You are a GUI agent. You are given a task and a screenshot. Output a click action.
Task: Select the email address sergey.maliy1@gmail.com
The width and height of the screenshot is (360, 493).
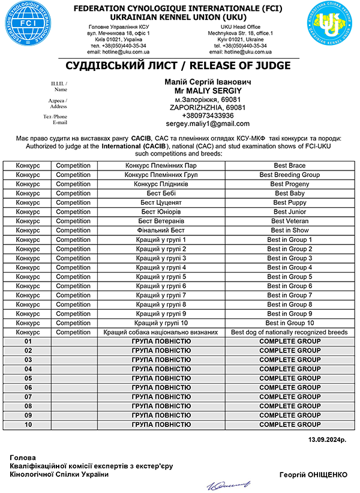pyautogui.click(x=208, y=124)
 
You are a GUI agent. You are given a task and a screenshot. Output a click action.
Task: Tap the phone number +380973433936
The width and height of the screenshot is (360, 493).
pyautogui.click(x=208, y=115)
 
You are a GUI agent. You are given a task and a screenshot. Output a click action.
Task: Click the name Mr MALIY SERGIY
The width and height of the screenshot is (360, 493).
pyautogui.click(x=208, y=90)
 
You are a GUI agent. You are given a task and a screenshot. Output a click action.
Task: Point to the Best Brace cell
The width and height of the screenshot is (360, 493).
pyautogui.click(x=290, y=166)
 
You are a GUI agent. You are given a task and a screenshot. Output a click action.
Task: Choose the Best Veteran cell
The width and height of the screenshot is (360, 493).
pyautogui.click(x=290, y=221)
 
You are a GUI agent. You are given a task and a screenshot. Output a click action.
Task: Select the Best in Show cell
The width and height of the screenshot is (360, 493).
pyautogui.click(x=290, y=231)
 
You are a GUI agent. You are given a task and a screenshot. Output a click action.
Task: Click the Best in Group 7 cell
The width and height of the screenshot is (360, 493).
pyautogui.click(x=290, y=295)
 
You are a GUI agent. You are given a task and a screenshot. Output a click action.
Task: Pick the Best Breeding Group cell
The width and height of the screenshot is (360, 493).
pyautogui.click(x=290, y=175)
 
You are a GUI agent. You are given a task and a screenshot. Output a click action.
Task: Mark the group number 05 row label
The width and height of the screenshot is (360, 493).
pyautogui.click(x=28, y=378)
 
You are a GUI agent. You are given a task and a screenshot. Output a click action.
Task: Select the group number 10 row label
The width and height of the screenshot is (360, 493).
pyautogui.click(x=28, y=425)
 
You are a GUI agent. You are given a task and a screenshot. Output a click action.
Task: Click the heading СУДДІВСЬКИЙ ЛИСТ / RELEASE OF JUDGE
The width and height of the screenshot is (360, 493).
pyautogui.click(x=179, y=65)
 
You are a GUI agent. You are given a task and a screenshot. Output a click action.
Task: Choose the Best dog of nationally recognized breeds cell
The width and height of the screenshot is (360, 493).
pyautogui.click(x=290, y=332)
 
